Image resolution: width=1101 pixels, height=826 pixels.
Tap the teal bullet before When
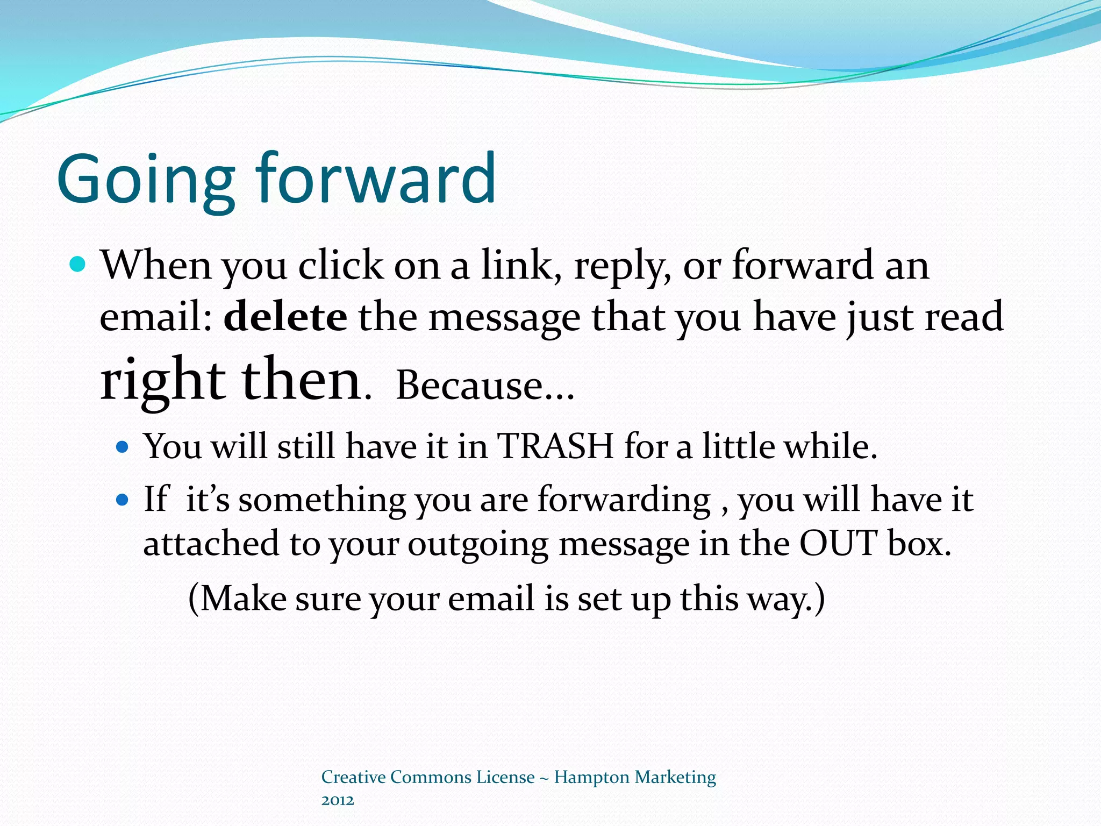(78, 265)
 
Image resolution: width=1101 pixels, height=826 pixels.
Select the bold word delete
(285, 317)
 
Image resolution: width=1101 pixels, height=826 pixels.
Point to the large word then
(301, 380)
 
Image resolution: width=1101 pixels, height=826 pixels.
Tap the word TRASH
(555, 446)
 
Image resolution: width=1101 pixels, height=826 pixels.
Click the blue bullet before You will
(123, 447)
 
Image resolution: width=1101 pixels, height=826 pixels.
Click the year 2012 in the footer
(338, 801)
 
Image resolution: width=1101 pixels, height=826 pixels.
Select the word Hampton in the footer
(591, 778)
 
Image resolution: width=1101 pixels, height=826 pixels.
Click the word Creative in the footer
(353, 777)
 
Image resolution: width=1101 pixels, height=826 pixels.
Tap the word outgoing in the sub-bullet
(478, 544)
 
